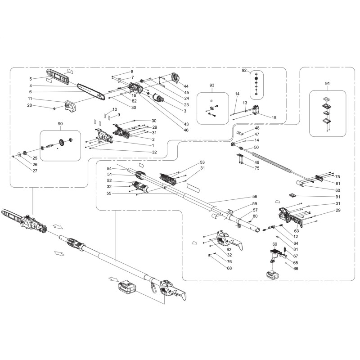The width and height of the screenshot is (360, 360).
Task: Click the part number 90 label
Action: coord(61,124)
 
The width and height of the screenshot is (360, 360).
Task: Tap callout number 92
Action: coord(245,71)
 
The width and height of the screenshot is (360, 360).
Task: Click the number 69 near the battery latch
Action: coord(275,244)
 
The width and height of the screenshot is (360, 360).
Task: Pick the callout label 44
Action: coord(186,86)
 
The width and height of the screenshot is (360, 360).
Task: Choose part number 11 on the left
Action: coord(30,99)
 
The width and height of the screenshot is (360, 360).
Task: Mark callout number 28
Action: coord(30,105)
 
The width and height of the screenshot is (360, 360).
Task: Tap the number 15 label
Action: coord(274,118)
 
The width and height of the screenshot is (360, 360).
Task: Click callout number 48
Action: coord(257,128)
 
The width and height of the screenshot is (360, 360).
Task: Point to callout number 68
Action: coord(229,269)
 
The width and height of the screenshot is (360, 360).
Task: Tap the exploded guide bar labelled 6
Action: coord(90,90)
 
